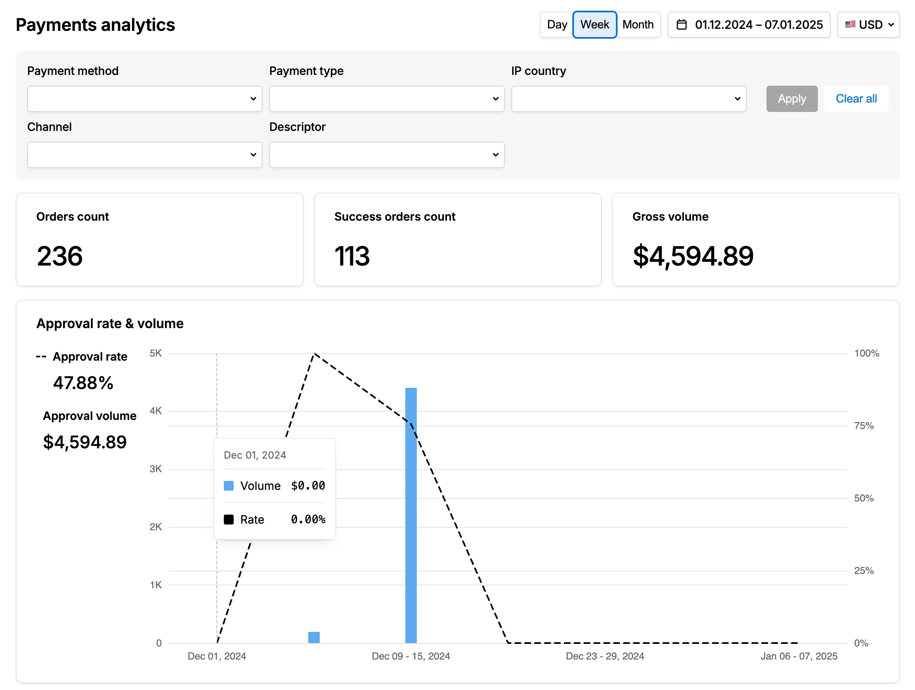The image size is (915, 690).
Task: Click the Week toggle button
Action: click(595, 25)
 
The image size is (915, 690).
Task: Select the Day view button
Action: click(557, 25)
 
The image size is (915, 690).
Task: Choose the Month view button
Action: click(638, 25)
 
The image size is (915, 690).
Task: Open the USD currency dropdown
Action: click(868, 25)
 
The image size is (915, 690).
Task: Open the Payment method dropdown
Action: click(144, 98)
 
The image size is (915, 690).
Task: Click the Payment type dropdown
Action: click(386, 98)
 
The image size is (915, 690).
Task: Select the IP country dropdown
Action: click(628, 98)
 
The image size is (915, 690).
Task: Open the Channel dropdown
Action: click(144, 155)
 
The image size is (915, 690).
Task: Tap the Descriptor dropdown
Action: click(386, 155)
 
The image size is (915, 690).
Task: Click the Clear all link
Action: click(856, 98)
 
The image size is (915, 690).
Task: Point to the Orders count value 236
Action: click(60, 256)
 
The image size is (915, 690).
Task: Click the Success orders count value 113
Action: click(352, 256)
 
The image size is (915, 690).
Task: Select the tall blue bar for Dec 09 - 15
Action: click(411, 515)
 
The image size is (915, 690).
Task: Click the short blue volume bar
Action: click(314, 637)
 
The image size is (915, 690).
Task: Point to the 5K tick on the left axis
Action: click(156, 353)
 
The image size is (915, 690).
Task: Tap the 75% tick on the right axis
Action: click(864, 426)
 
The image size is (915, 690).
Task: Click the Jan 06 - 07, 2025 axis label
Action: click(798, 656)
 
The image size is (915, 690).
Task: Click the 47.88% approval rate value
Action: click(83, 383)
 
